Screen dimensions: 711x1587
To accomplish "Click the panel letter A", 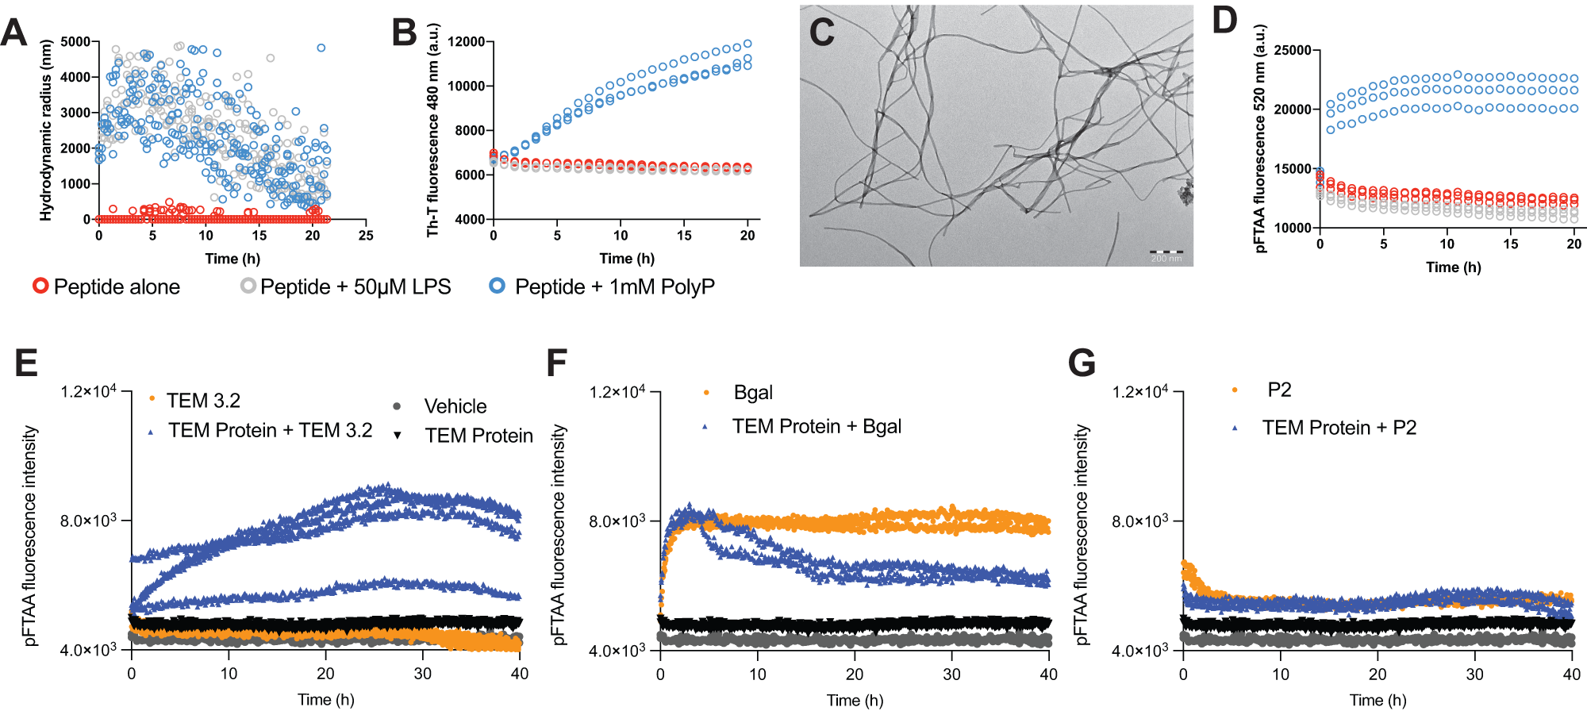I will [14, 33].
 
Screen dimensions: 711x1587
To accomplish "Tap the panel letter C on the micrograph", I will [822, 33].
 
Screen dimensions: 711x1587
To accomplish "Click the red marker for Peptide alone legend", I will [40, 286].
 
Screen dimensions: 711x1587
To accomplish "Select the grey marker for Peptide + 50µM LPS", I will [248, 286].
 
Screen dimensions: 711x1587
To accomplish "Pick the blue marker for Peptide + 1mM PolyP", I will [498, 286].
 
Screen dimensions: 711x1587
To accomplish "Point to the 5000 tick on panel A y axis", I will [75, 42].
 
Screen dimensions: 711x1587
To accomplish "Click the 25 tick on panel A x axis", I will [366, 235].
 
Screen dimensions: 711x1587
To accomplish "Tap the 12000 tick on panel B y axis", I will [467, 42].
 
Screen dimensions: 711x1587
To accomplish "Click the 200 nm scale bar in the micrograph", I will [1166, 252].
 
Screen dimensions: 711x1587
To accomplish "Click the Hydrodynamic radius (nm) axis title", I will [45, 131].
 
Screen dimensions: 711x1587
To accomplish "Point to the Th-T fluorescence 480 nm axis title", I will [432, 131].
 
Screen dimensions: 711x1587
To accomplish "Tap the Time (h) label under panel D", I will [1453, 267].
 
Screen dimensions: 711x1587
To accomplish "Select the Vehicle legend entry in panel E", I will [455, 406].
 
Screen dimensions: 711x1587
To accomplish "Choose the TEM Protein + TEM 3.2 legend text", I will [270, 430].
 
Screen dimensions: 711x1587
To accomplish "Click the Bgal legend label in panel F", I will [752, 393].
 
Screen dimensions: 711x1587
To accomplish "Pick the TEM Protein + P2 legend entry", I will [1339, 428].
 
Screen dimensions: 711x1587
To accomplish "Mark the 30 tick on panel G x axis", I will [1474, 674].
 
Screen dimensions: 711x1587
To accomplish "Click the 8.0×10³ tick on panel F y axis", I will [617, 521].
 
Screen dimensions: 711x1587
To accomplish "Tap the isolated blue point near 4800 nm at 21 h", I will [321, 48].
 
